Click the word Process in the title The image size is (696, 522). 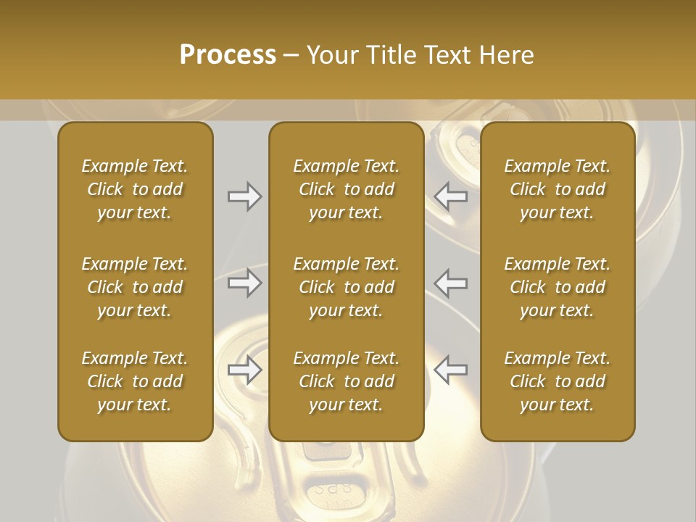click(x=228, y=55)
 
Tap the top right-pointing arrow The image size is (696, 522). click(x=244, y=196)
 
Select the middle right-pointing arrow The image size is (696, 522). click(x=244, y=283)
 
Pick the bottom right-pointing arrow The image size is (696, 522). click(x=244, y=370)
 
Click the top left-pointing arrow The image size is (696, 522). click(x=450, y=196)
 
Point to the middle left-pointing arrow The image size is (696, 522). click(x=450, y=283)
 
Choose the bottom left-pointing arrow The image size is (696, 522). click(x=450, y=370)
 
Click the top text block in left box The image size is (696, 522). click(x=135, y=189)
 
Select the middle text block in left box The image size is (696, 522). click(x=135, y=287)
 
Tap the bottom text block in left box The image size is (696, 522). click(x=135, y=381)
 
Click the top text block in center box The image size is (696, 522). click(x=346, y=189)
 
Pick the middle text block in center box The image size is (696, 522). click(x=346, y=287)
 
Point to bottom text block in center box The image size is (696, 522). click(x=346, y=381)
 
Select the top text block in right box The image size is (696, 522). click(x=557, y=189)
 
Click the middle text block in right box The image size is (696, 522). click(x=557, y=287)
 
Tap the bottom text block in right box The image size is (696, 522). click(x=557, y=381)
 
